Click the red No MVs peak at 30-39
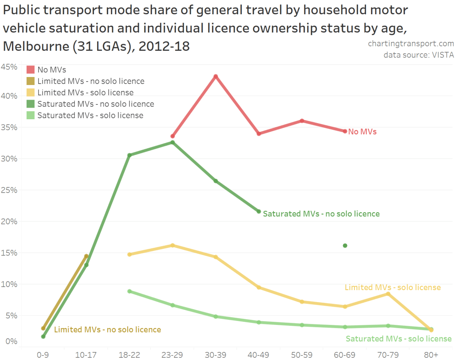point(216,76)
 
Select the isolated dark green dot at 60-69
point(345,246)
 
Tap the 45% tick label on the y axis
point(9,67)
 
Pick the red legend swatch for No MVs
point(31,69)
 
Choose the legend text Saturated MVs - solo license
point(90,116)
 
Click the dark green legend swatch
point(31,104)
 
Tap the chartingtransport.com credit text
point(411,44)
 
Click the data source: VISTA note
point(419,55)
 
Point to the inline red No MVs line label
point(362,132)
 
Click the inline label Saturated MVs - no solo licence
point(321,214)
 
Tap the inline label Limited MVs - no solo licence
point(107,330)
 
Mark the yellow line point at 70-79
point(388,294)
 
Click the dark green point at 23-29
point(172,142)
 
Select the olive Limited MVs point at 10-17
point(86,256)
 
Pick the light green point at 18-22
point(129,291)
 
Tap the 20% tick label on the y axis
point(9,221)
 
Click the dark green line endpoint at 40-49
point(259,211)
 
